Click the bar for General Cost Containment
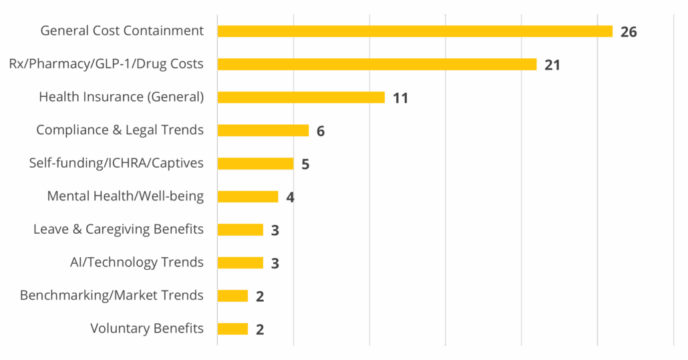click(x=415, y=31)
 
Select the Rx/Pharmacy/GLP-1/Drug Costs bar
click(x=377, y=64)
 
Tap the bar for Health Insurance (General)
click(x=301, y=98)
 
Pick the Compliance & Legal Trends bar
click(x=263, y=130)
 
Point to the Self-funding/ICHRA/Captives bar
click(x=255, y=164)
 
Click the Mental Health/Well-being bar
click(x=248, y=196)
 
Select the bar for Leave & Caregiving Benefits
click(x=240, y=230)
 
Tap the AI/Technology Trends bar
click(x=240, y=262)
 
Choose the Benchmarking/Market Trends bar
click(x=232, y=296)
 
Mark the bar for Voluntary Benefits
click(x=232, y=329)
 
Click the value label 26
click(x=629, y=32)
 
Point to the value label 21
click(x=552, y=65)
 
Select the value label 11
click(x=400, y=98)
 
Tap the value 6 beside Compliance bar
click(x=321, y=131)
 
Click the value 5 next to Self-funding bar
click(x=305, y=164)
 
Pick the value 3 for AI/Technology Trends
click(x=275, y=263)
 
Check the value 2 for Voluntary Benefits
click(x=260, y=329)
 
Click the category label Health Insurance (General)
click(x=121, y=97)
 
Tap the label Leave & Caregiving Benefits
click(x=118, y=229)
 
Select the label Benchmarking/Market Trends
click(x=112, y=295)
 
